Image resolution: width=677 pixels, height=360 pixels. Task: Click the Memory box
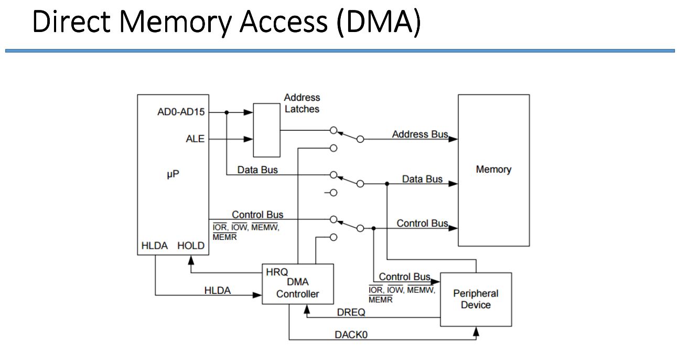point(493,170)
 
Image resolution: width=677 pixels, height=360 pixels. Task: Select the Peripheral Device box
point(476,299)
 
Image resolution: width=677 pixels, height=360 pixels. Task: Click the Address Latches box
point(266,130)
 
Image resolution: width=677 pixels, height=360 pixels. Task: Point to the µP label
point(173,174)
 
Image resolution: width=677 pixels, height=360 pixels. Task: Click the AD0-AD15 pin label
point(181,112)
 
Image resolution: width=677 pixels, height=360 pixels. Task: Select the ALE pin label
point(195,139)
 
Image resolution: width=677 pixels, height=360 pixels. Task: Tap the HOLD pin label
point(191,246)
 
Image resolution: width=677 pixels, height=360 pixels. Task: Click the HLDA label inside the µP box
point(154,246)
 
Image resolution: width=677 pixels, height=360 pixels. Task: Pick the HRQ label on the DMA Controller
point(277,272)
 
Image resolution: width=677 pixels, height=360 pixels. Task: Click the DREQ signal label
point(351,312)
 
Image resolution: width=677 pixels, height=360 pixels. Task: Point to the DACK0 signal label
point(351,334)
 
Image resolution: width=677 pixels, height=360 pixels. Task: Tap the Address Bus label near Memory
point(420,134)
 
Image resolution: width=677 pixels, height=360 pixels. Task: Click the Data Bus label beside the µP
point(257,170)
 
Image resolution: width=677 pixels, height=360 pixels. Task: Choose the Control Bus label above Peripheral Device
point(404,277)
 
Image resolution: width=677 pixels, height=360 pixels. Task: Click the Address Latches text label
point(302,103)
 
